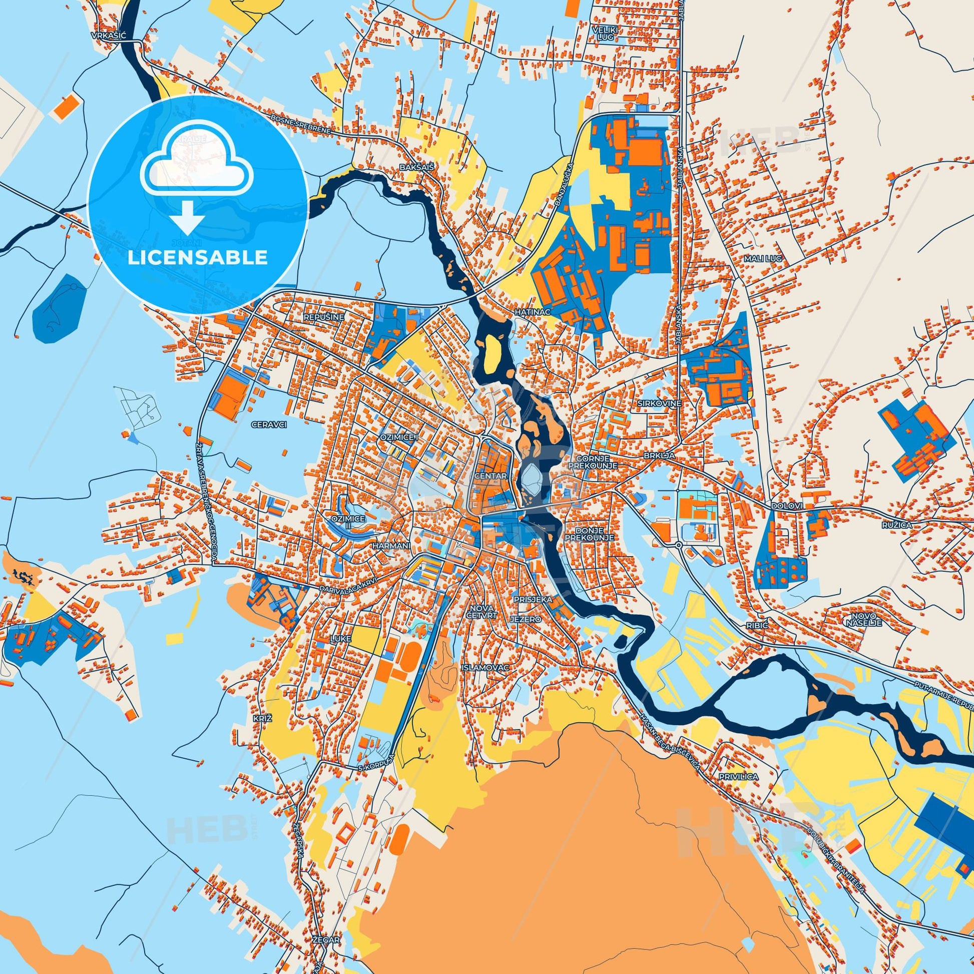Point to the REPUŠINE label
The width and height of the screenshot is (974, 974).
(x=324, y=317)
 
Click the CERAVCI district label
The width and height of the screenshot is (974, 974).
(x=268, y=425)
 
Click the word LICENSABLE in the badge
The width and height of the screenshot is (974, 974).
(x=197, y=258)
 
